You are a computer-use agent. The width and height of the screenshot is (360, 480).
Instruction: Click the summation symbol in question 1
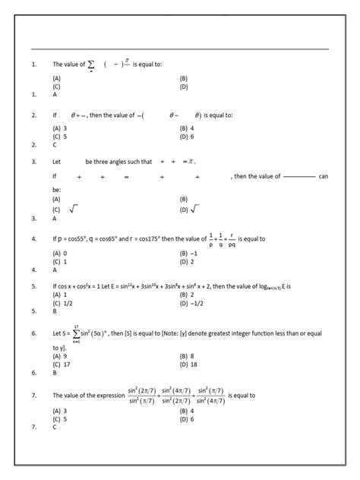tap(91, 65)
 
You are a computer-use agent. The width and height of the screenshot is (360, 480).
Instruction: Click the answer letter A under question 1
tap(55, 95)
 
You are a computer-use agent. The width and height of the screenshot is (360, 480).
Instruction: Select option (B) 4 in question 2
tap(187, 128)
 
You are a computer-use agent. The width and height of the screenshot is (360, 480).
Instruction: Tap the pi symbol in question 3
tap(191, 162)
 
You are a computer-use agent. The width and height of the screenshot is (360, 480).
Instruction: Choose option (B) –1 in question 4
tap(189, 252)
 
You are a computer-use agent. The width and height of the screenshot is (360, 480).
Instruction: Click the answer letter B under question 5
tap(55, 311)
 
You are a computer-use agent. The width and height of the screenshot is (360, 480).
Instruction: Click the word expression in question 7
tap(107, 396)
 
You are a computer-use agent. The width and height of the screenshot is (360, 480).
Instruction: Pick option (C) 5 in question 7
tap(59, 418)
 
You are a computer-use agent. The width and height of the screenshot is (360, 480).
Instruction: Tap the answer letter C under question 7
tap(55, 427)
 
